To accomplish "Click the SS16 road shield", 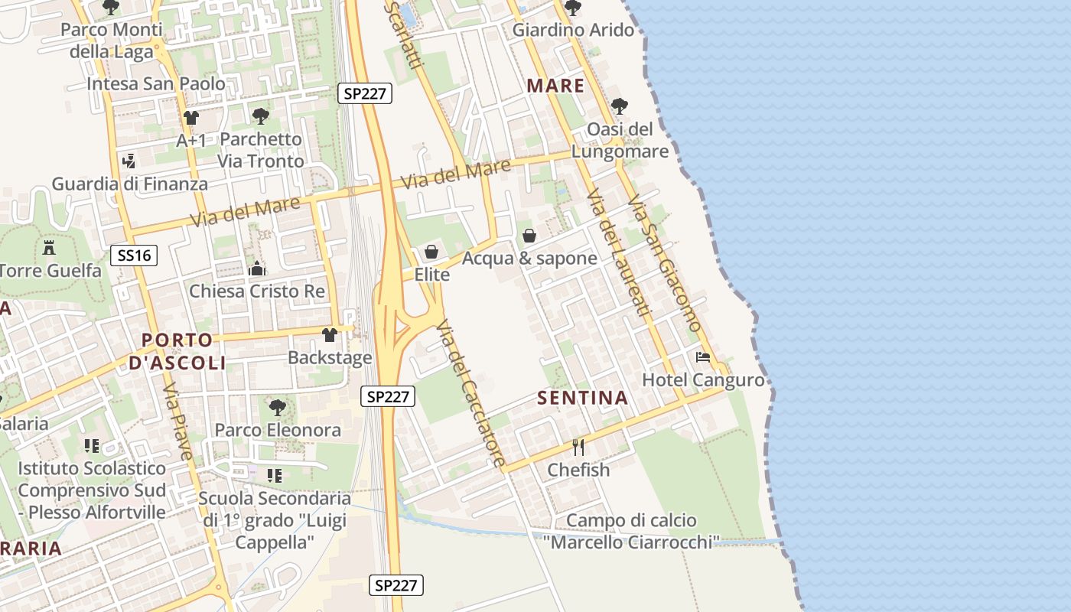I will [x=135, y=256].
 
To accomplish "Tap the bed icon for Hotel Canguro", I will [x=702, y=357].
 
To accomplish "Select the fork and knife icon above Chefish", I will [x=578, y=448].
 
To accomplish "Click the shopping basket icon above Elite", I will [x=431, y=252].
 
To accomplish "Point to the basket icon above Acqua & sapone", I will [x=529, y=236].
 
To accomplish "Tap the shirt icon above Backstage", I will [x=330, y=335].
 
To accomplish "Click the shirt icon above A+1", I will [x=190, y=118].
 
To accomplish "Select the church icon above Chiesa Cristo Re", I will [x=257, y=269].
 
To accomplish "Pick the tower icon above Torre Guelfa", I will [x=50, y=248].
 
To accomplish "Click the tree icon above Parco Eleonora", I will [x=278, y=407].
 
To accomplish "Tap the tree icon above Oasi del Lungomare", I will [x=619, y=106].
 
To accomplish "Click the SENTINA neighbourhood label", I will [x=582, y=398].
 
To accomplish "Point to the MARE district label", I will [x=555, y=86].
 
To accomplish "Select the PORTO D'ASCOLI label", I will [x=177, y=351].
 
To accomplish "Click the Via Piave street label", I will [x=178, y=422].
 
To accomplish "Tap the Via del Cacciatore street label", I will [x=470, y=393].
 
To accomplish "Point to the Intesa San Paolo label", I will [x=156, y=83].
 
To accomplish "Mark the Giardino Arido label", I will [x=573, y=31].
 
